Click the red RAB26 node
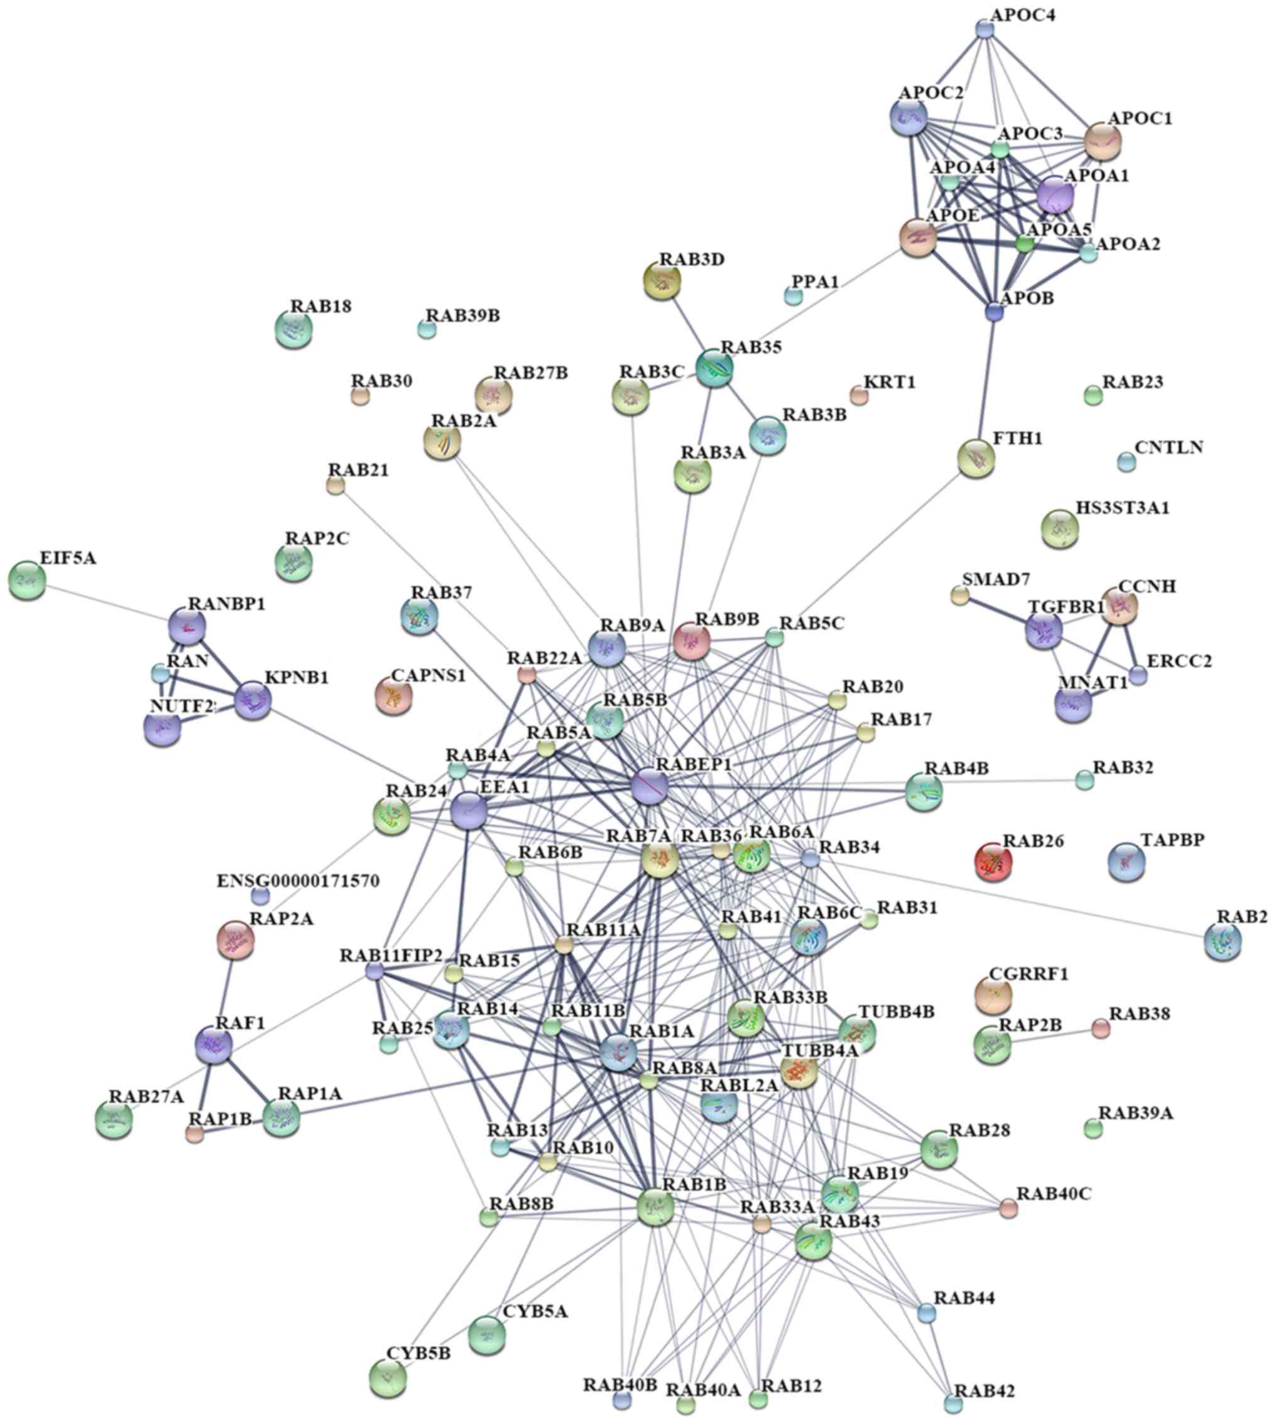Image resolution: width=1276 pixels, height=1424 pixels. [993, 862]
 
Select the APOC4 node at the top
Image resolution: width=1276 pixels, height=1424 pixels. [985, 29]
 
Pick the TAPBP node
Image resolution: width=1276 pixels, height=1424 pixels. [1126, 861]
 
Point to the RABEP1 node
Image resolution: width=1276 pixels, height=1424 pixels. [650, 786]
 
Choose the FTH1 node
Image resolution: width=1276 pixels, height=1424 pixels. [976, 459]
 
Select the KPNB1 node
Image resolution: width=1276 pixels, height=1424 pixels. [253, 701]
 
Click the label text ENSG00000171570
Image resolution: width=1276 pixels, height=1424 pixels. [298, 881]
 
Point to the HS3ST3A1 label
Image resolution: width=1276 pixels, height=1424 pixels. [1123, 508]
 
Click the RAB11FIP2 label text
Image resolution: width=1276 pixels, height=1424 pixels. [391, 956]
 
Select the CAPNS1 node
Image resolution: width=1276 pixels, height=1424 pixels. [394, 696]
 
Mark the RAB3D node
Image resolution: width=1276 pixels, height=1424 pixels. [662, 280]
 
